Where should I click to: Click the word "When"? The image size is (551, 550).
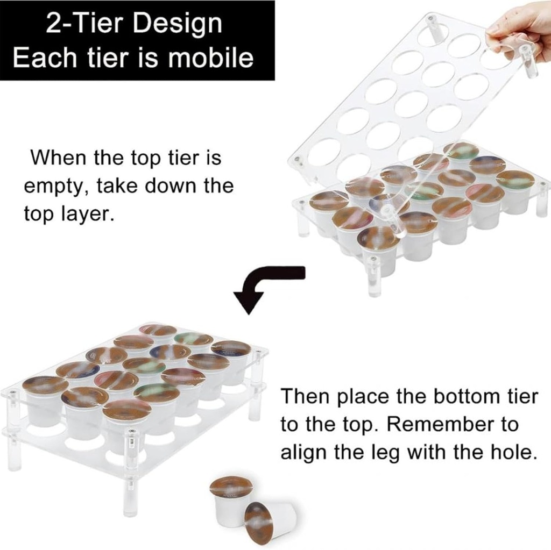tap(58, 158)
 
